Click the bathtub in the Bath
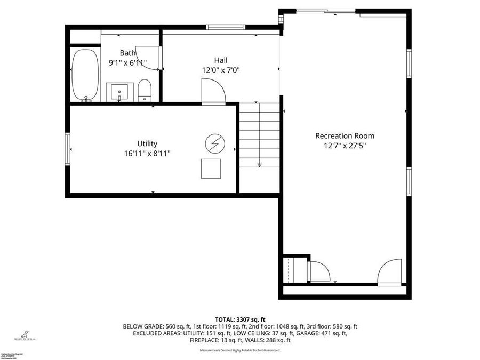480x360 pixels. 85,75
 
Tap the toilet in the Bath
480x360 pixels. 145,90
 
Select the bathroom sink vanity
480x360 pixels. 119,92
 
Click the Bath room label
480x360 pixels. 127,53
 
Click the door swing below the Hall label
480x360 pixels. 213,90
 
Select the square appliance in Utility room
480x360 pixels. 211,169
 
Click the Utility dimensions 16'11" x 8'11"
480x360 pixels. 147,153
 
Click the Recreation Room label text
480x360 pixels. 345,135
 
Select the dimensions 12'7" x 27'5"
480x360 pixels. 345,145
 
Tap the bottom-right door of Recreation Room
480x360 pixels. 390,271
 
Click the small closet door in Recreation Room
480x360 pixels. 320,271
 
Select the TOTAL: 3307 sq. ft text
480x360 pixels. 240,318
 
